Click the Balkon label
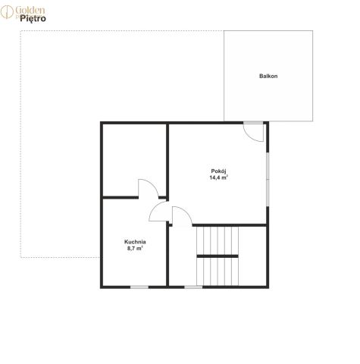pos(268,76)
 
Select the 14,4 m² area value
pos(218,177)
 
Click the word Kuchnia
pos(135,242)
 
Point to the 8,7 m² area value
pos(135,248)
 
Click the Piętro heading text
pos(33,18)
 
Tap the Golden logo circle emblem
pos(7,12)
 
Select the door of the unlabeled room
pos(149,188)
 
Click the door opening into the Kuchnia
pos(158,212)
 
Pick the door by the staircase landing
pos(182,215)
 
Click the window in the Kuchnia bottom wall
pos(139,287)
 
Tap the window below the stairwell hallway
pos(193,287)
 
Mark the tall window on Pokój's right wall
pos(268,179)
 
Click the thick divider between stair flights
pos(218,256)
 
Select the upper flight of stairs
pos(218,240)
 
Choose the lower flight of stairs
pos(218,271)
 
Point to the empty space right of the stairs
pos(252,256)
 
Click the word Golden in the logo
pos(30,11)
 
